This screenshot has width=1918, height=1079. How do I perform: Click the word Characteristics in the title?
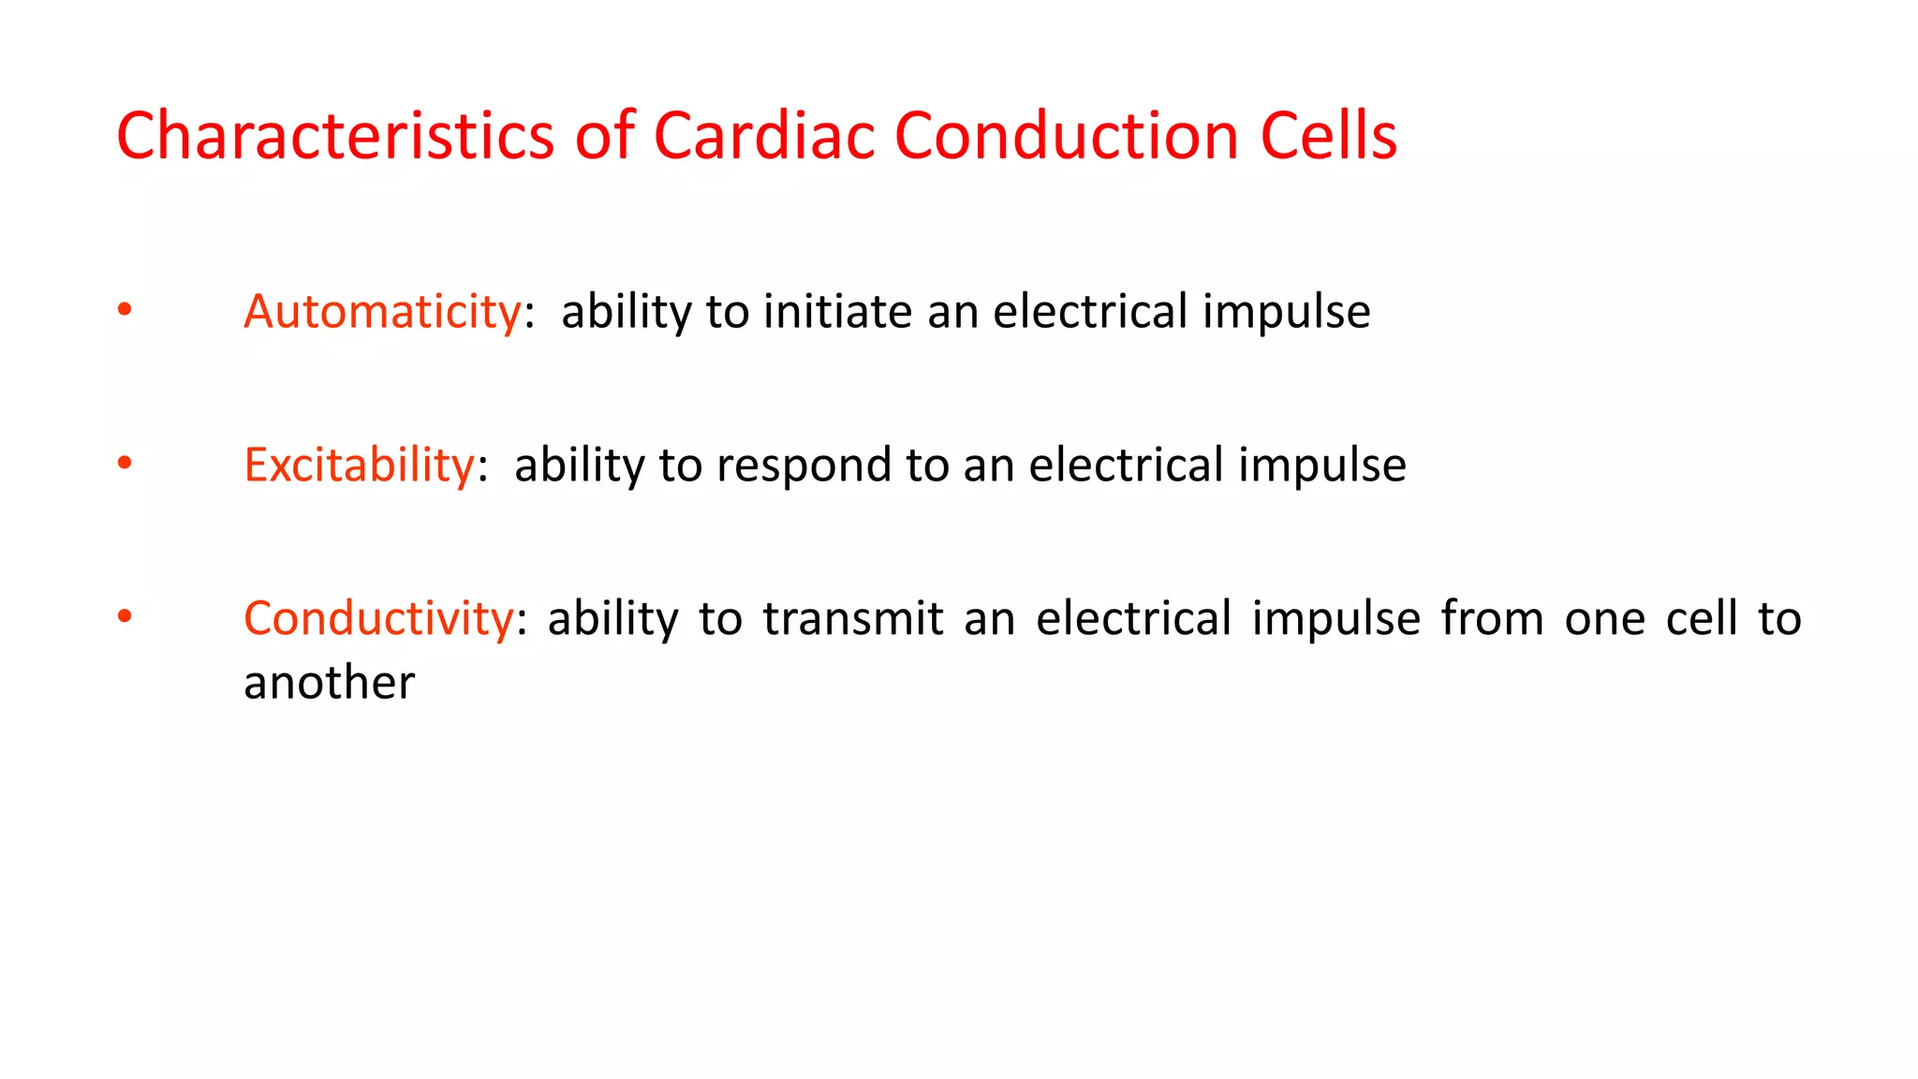pyautogui.click(x=335, y=137)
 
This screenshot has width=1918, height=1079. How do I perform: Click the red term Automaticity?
pyautogui.click(x=382, y=312)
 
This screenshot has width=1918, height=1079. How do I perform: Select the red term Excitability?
pyautogui.click(x=359, y=466)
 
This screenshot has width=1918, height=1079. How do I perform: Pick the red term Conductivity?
pyautogui.click(x=378, y=619)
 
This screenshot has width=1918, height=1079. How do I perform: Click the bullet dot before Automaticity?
pyautogui.click(x=125, y=310)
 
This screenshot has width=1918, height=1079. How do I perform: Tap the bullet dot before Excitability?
pyautogui.click(x=125, y=463)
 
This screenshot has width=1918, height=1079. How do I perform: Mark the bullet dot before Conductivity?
pyautogui.click(x=125, y=616)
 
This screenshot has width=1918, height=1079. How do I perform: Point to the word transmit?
pyautogui.click(x=852, y=619)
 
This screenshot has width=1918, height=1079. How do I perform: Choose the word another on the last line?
pyautogui.click(x=329, y=683)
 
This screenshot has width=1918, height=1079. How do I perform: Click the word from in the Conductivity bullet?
pyautogui.click(x=1492, y=619)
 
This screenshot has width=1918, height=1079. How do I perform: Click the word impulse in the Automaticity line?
pyautogui.click(x=1286, y=312)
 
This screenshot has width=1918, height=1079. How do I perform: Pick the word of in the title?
pyautogui.click(x=605, y=137)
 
